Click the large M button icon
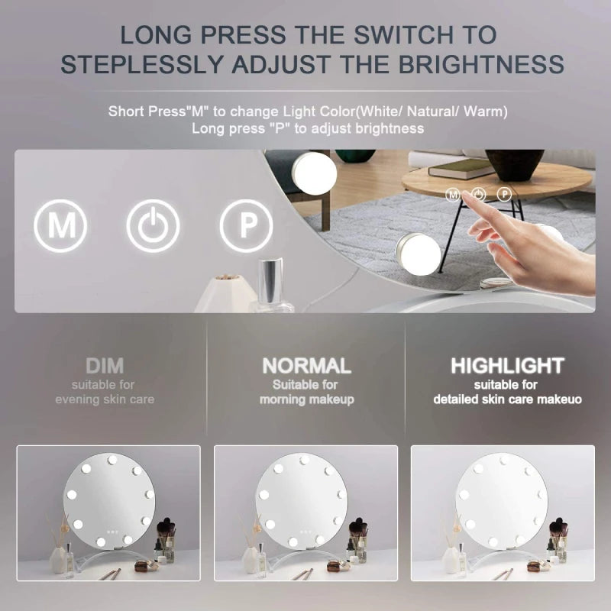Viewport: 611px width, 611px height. coord(60,226)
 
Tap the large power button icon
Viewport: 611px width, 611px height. coord(154,226)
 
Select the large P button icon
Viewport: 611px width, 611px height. coord(246,226)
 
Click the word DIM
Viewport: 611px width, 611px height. coord(105,365)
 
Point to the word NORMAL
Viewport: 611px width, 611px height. coord(306,366)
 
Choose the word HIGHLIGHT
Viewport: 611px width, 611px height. coord(507,366)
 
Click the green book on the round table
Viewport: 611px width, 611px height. coord(461,168)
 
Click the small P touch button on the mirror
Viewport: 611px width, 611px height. coord(504,195)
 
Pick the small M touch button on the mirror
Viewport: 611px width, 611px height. coord(453,195)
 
